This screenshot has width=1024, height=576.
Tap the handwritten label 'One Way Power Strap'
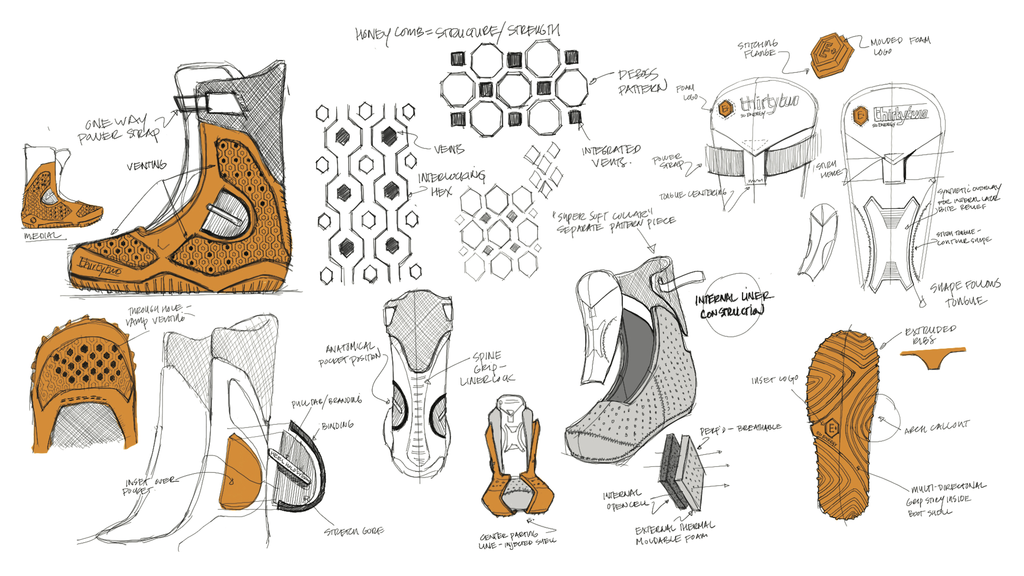tap(117, 129)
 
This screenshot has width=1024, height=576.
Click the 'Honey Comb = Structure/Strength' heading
tap(457, 32)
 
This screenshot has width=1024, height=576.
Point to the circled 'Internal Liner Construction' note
tap(733, 305)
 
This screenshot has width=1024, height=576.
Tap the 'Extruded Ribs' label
tap(930, 335)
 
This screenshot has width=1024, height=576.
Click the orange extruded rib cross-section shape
tap(933, 357)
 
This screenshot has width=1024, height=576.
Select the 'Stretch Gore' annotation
tap(354, 531)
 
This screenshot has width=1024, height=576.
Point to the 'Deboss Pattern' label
tap(642, 82)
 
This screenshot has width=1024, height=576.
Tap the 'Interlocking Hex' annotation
tap(450, 183)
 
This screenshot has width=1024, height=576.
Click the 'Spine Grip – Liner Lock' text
tap(486, 368)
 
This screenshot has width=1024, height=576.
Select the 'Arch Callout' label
tap(936, 428)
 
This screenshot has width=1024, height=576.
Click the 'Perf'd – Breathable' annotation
tap(740, 429)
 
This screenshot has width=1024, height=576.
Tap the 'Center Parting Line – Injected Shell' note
tap(517, 541)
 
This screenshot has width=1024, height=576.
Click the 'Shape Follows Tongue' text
tap(965, 293)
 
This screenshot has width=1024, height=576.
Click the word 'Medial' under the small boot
tap(42, 236)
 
